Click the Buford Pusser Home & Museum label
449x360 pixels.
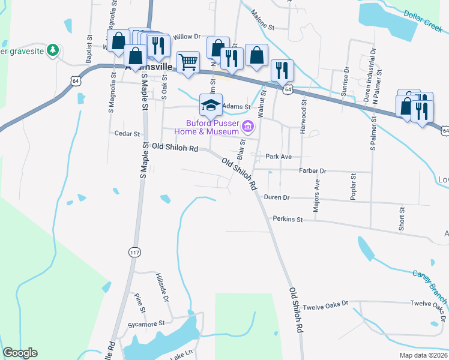point(207,127)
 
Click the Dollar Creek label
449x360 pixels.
point(423,22)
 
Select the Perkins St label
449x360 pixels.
point(288,220)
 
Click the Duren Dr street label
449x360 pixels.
point(277,197)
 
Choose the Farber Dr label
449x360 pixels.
point(312,171)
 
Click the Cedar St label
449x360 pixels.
point(127,134)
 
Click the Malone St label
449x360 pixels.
point(262,22)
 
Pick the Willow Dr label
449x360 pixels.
point(186,37)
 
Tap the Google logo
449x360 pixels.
point(20,353)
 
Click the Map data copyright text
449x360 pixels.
point(423,355)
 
